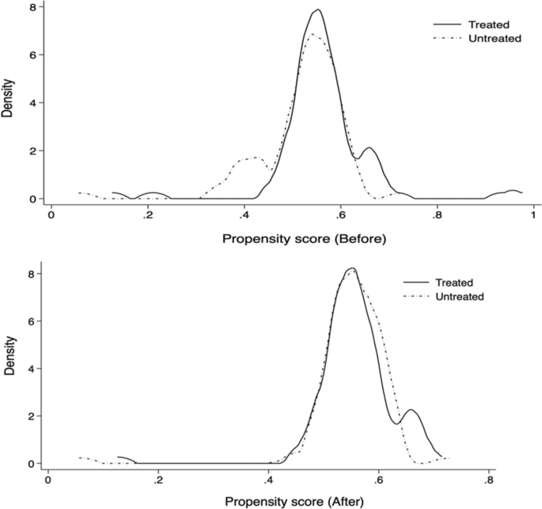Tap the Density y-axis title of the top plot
coord(7,101)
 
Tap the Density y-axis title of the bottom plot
coord(7,366)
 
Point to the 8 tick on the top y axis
coord(32,7)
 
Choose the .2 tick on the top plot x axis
coord(148,214)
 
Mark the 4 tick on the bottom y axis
coord(32,368)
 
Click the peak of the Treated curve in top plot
coord(317,10)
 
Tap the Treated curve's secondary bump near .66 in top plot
coord(369,148)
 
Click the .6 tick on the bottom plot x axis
coord(378,478)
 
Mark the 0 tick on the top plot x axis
coord(51,214)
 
